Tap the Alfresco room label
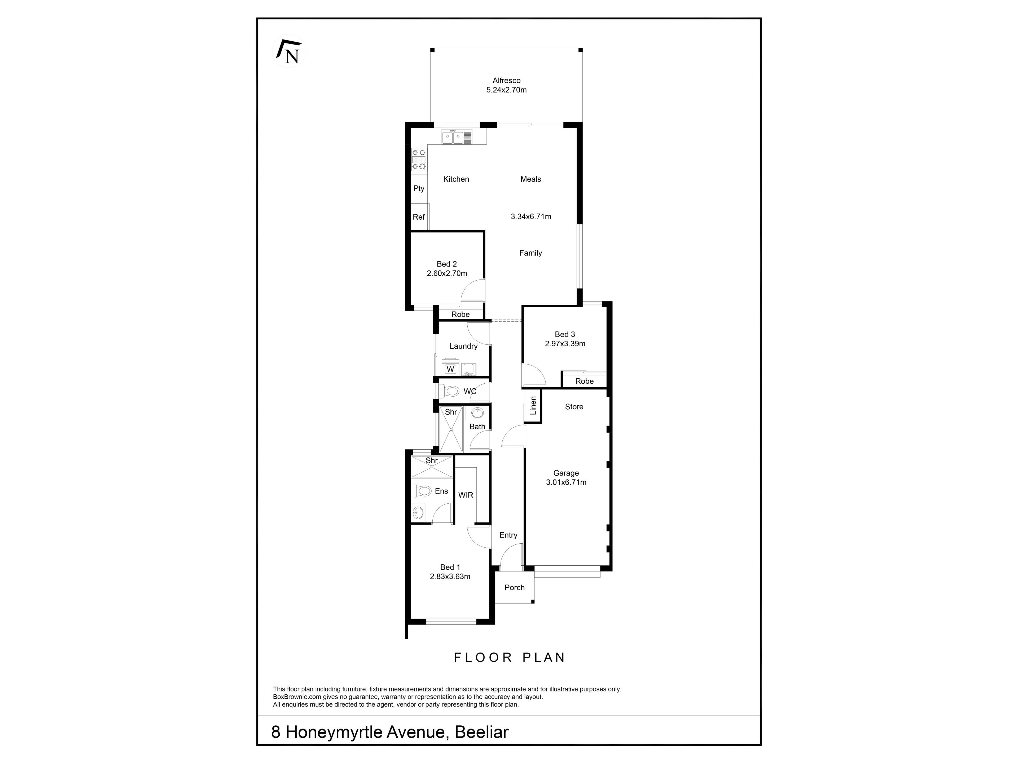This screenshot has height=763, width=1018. coord(506,81)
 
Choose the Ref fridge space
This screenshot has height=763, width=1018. coord(419,217)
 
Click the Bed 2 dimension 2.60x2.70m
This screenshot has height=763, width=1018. coord(447,273)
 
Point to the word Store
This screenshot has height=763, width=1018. coord(574,407)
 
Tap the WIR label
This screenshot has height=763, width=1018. coord(466,495)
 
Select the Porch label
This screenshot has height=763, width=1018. coord(515,587)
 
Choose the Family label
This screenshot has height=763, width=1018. coord(531,253)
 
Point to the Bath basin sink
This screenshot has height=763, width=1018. coord(477,412)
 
